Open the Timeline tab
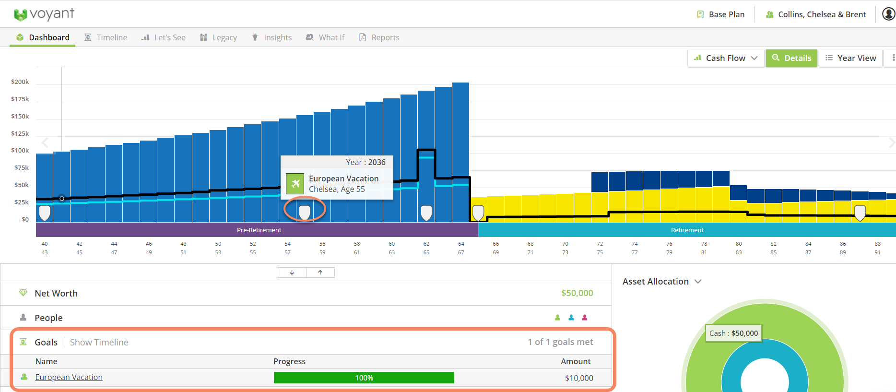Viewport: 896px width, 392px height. (106, 37)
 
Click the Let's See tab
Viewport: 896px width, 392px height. (164, 37)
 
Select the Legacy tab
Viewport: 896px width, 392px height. (218, 37)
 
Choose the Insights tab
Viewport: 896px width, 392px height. (271, 37)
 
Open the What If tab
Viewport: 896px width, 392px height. (325, 37)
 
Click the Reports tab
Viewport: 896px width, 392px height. (379, 37)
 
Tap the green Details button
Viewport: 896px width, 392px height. (791, 58)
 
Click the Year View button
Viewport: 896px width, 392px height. (850, 58)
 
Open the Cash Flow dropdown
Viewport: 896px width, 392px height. (726, 58)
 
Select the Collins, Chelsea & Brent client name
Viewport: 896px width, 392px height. (816, 14)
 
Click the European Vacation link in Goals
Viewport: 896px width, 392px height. (69, 377)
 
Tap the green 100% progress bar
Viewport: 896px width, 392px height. (364, 378)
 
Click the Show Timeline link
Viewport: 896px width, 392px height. (99, 342)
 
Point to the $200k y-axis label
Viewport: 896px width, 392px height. (20, 82)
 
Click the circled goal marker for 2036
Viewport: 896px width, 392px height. (305, 212)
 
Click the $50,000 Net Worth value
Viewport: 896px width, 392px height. (577, 293)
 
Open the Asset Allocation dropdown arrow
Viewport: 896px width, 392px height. (698, 282)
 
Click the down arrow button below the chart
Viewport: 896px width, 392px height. (292, 273)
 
